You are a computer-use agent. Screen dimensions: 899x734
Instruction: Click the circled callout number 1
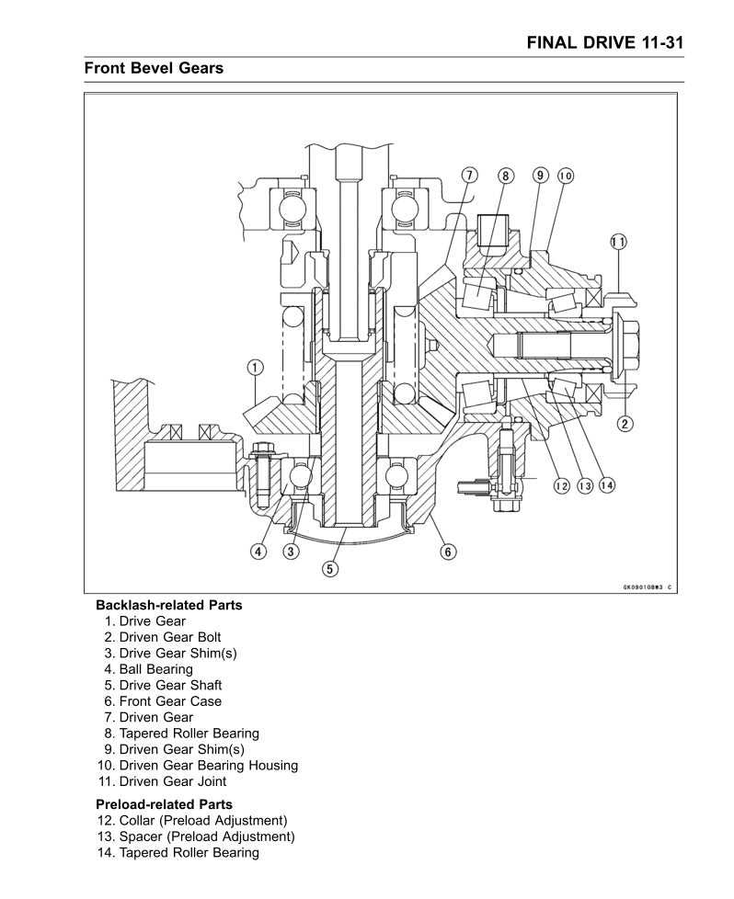coord(255,369)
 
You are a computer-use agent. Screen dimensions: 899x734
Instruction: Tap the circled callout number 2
coord(625,423)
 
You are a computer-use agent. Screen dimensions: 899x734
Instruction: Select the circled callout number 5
coord(328,569)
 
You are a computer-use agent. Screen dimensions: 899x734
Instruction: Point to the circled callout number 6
coord(448,552)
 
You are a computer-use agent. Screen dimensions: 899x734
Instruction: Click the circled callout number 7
coord(468,175)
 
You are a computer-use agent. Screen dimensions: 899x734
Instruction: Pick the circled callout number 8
coord(505,175)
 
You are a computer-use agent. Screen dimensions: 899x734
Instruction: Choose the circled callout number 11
coord(618,242)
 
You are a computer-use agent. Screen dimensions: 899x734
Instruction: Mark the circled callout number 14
coord(606,485)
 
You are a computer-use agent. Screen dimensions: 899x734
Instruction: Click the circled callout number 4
coord(259,552)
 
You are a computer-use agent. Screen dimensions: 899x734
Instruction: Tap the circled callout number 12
coord(562,485)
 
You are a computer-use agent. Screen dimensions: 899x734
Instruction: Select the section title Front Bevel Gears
coord(154,68)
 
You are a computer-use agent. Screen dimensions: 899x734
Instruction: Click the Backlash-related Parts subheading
coord(169,605)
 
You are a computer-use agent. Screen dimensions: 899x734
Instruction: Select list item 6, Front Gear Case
coord(162,701)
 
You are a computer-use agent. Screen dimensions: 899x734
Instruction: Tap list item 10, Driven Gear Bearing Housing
coord(197,766)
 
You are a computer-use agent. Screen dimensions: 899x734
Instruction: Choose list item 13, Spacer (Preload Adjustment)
coord(195,836)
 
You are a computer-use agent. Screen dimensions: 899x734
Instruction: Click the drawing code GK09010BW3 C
coord(648,586)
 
